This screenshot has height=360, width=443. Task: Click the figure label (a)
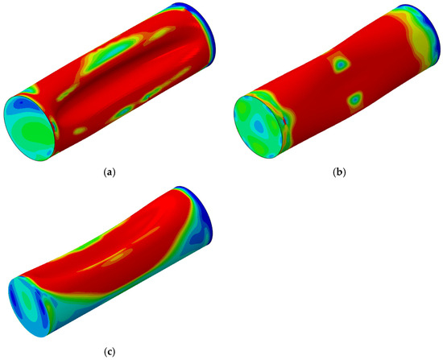[110, 172]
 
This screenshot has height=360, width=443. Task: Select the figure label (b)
[339, 172]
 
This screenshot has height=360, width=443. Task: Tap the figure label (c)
[110, 352]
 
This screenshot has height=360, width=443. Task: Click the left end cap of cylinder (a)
[29, 128]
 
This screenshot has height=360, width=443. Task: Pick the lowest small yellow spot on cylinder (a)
[81, 130]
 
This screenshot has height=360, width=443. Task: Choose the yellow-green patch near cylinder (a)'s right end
[159, 35]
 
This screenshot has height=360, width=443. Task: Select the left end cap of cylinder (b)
[259, 126]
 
